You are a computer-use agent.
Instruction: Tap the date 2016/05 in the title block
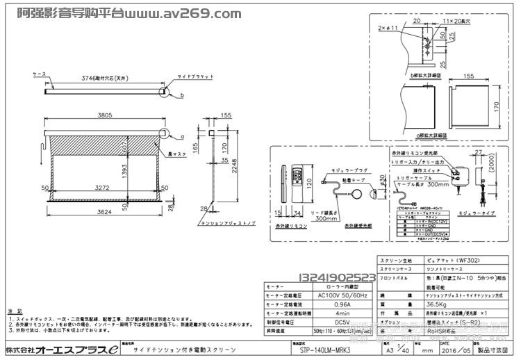click(x=461, y=351)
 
